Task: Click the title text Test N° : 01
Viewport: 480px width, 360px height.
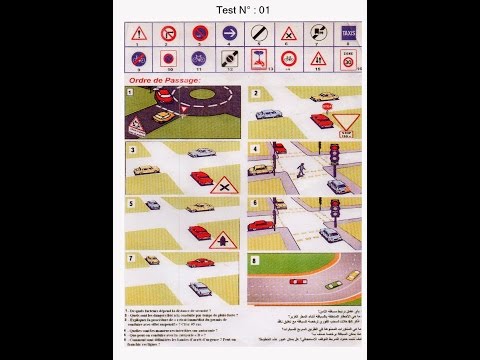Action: coord(243,9)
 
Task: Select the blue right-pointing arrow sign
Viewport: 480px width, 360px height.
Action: coord(228,35)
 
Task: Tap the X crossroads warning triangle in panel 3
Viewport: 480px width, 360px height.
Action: coord(226,186)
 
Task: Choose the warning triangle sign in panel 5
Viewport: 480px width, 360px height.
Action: coord(223,238)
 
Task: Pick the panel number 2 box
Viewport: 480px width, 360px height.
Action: coord(256,93)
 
